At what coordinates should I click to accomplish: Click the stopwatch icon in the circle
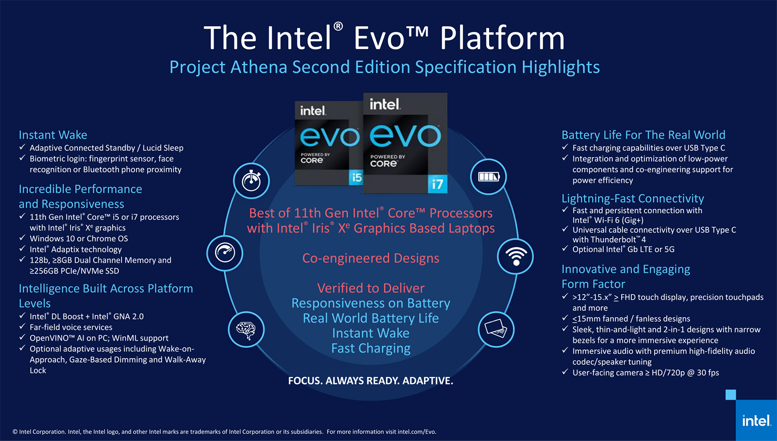pyautogui.click(x=252, y=180)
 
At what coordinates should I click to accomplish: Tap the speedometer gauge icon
pyautogui.click(x=225, y=252)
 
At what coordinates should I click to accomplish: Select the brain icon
pyautogui.click(x=246, y=330)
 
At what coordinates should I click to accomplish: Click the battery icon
pyautogui.click(x=489, y=177)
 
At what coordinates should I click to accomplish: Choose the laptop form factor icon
pyautogui.click(x=496, y=329)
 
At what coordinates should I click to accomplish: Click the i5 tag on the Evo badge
pyautogui.click(x=356, y=178)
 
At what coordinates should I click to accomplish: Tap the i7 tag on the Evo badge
pyautogui.click(x=438, y=184)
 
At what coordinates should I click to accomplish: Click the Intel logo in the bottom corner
pyautogui.click(x=756, y=421)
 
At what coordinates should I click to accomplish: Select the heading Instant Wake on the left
pyautogui.click(x=53, y=135)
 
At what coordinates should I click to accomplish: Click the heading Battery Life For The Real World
pyautogui.click(x=643, y=135)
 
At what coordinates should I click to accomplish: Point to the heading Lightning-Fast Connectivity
pyautogui.click(x=633, y=198)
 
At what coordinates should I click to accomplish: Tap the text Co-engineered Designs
pyautogui.click(x=371, y=258)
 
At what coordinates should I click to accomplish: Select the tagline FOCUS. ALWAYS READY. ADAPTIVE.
pyautogui.click(x=371, y=381)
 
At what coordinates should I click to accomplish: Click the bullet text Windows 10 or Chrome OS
pyautogui.click(x=79, y=239)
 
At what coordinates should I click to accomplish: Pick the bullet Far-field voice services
pyautogui.click(x=71, y=327)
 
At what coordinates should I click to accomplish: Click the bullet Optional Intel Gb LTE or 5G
pyautogui.click(x=624, y=249)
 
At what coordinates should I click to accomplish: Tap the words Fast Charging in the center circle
pyautogui.click(x=371, y=348)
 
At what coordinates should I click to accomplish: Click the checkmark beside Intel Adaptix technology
pyautogui.click(x=22, y=249)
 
